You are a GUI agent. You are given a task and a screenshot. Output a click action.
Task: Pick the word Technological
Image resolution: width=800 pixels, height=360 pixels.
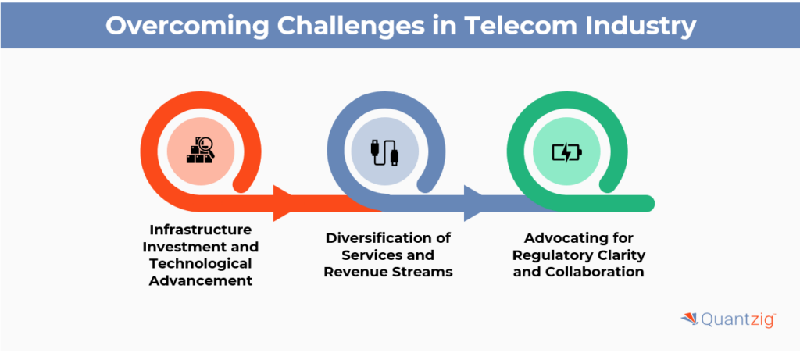(202, 263)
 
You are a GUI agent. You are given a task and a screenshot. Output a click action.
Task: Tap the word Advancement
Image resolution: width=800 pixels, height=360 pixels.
(202, 280)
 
